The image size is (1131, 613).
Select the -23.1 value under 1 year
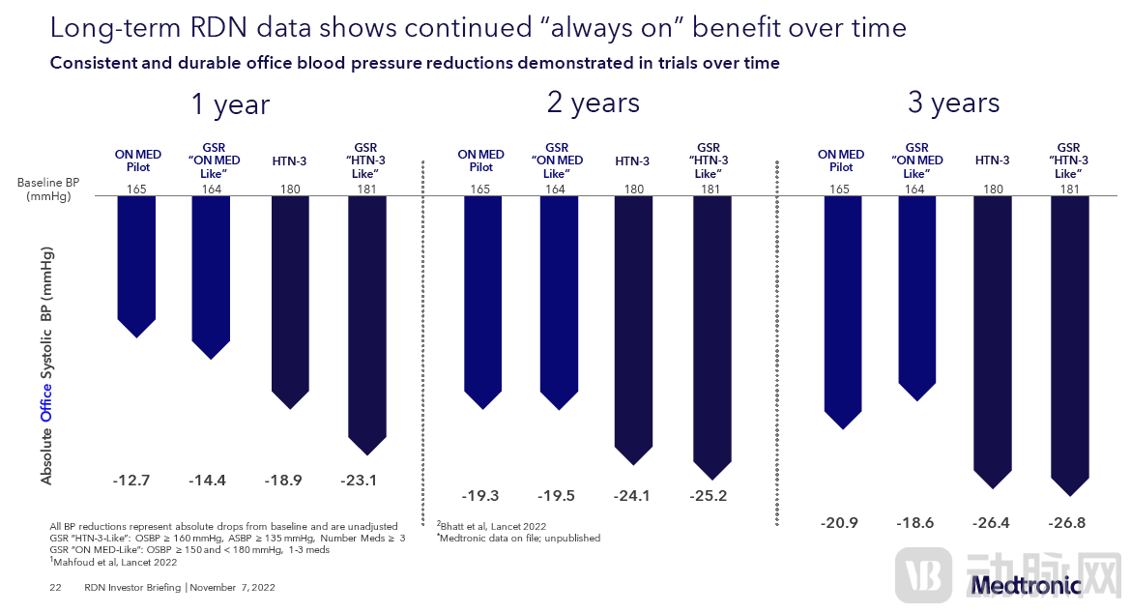(x=360, y=479)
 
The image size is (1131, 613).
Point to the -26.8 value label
(x=1067, y=523)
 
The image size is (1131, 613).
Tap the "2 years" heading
(x=593, y=102)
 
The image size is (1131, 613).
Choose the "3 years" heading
(x=953, y=102)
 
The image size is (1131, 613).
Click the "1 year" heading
(x=230, y=104)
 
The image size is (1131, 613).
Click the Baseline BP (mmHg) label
(x=44, y=189)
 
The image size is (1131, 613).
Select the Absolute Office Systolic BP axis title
(x=46, y=367)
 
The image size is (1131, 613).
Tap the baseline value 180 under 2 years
(x=634, y=190)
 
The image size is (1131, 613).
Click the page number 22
(x=55, y=587)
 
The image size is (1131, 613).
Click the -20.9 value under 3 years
(x=839, y=523)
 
